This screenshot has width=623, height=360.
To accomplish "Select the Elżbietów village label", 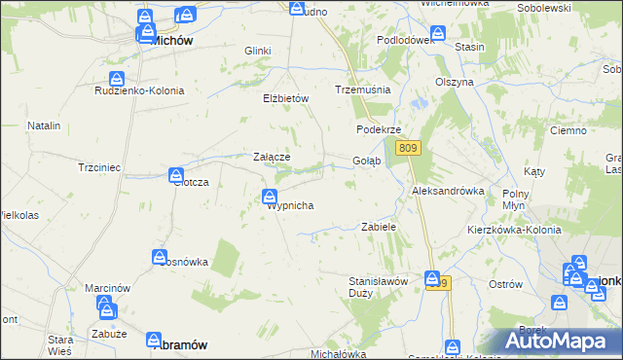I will [285, 98].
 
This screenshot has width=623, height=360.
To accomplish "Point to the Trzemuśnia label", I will [362, 89].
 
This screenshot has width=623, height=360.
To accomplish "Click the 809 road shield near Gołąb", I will [409, 147].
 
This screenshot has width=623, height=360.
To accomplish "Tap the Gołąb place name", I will [366, 161].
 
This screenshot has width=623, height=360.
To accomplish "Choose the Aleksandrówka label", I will [449, 191].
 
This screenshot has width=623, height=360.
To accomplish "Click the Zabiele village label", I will [379, 227].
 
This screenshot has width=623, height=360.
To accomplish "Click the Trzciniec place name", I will [99, 167].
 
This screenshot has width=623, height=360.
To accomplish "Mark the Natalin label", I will [44, 126].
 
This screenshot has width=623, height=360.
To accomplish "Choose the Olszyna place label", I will [454, 82].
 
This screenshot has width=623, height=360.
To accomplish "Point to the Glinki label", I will [258, 51].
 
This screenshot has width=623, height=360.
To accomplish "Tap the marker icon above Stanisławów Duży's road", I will [432, 279].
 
